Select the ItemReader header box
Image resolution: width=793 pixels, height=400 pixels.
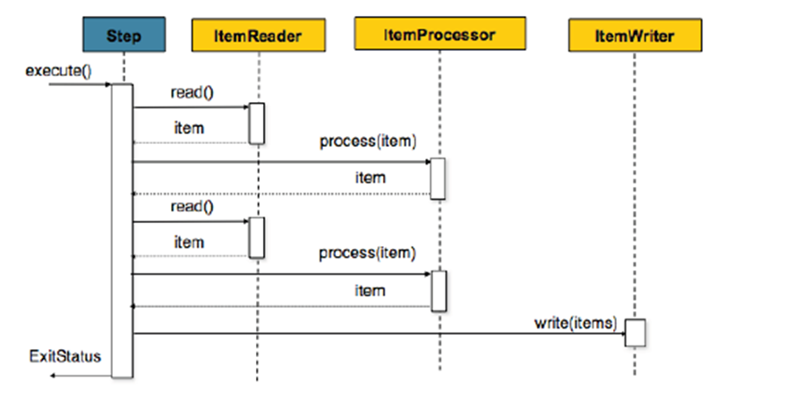click(258, 37)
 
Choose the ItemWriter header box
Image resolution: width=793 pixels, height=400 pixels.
click(634, 37)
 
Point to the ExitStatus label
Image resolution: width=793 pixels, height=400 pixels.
click(64, 356)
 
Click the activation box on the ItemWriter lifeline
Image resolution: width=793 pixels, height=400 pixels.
click(635, 333)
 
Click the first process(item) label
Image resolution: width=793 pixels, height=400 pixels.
click(368, 143)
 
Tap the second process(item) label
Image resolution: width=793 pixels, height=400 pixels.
click(368, 253)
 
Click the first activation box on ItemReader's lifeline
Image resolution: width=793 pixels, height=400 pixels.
click(257, 123)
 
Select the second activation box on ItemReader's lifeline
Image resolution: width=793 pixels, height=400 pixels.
click(257, 236)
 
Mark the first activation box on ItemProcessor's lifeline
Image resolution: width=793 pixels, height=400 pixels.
click(438, 178)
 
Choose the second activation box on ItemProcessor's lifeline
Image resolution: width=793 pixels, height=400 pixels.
click(438, 290)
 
